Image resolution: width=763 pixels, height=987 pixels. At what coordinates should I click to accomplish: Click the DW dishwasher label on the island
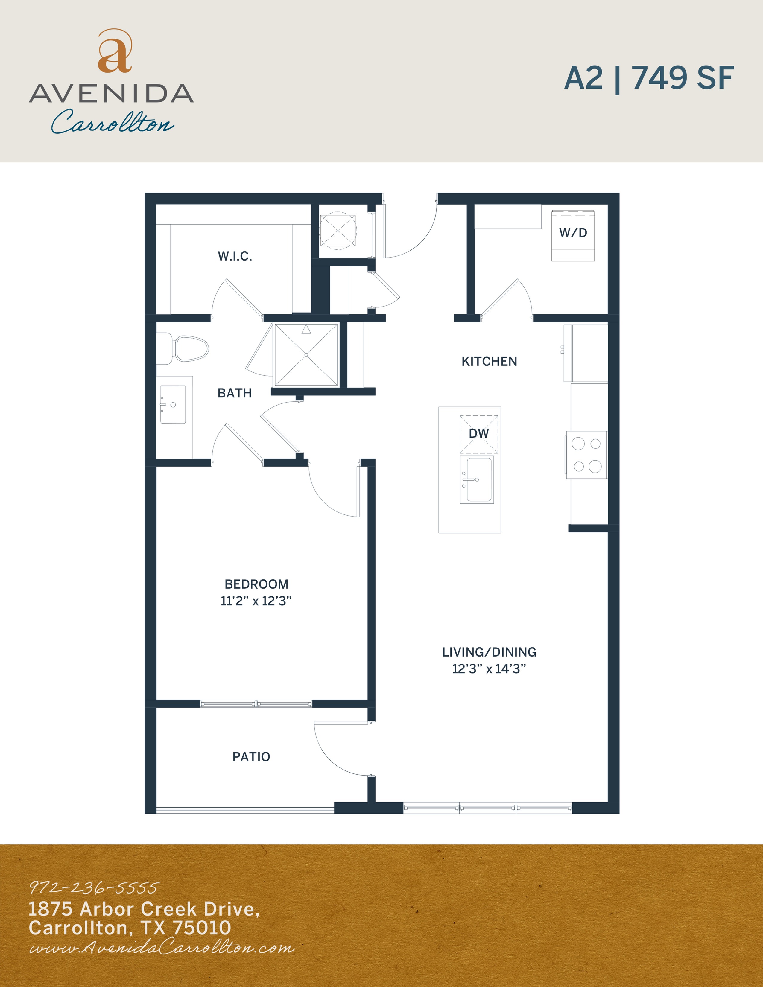tap(479, 433)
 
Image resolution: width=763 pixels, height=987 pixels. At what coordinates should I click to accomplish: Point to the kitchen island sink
tap(477, 479)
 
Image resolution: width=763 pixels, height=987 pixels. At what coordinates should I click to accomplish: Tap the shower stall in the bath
tap(306, 355)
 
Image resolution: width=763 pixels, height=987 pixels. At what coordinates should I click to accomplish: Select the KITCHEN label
tap(489, 362)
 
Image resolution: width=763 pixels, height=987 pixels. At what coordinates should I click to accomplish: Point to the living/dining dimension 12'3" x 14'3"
tap(489, 668)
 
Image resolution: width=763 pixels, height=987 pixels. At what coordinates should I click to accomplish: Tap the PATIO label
tap(251, 756)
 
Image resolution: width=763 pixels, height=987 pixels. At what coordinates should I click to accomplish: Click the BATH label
tap(235, 393)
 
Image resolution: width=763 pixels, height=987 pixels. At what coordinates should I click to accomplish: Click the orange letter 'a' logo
tap(115, 51)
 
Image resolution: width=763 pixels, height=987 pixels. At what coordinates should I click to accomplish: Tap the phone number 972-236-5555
tap(94, 888)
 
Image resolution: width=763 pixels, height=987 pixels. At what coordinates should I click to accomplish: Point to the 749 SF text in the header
tap(683, 78)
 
